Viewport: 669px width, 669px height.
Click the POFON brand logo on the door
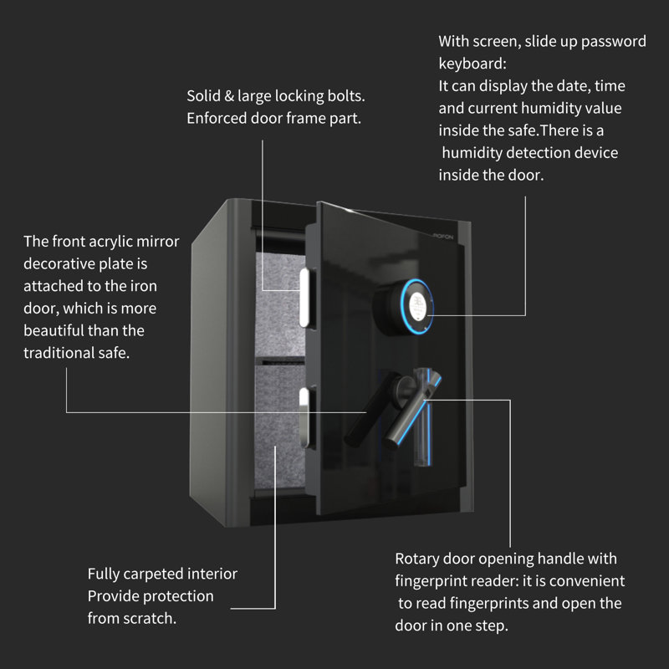pyautogui.click(x=433, y=237)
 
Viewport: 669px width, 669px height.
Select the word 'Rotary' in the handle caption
pyautogui.click(x=419, y=558)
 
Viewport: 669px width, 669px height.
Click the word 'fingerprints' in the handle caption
pyautogui.click(x=512, y=603)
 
